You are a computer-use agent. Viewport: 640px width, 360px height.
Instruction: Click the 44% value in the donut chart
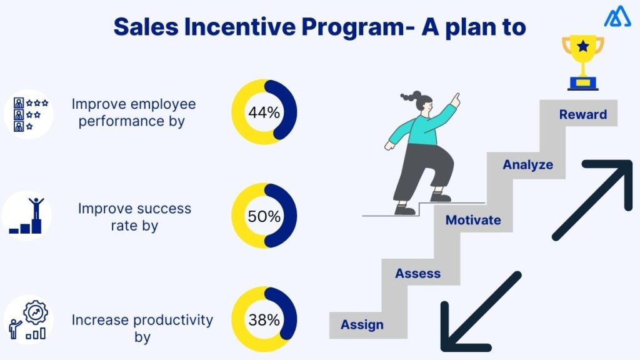pyautogui.click(x=264, y=113)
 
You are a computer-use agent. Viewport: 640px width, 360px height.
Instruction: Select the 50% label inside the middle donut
pyautogui.click(x=264, y=217)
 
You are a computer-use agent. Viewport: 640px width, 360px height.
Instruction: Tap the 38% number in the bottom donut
pyautogui.click(x=264, y=321)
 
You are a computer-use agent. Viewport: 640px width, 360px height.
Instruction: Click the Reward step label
pyautogui.click(x=582, y=114)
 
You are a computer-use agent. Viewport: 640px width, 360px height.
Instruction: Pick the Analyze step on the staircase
pyautogui.click(x=528, y=165)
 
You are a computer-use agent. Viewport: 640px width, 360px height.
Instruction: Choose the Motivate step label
pyautogui.click(x=472, y=220)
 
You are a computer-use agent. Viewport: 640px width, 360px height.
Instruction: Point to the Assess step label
pyautogui.click(x=417, y=274)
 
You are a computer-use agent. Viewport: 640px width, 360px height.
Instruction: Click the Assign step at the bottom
pyautogui.click(x=362, y=325)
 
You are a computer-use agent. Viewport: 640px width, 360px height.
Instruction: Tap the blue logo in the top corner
pyautogui.click(x=617, y=17)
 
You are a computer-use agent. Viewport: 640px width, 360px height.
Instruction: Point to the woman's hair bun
pyautogui.click(x=407, y=97)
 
